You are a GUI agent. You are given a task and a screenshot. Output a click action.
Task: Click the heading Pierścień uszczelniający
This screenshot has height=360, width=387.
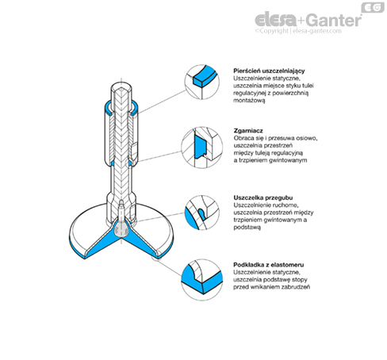(x=269, y=71)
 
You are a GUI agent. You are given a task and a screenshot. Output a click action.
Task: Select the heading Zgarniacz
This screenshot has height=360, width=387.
(x=248, y=131)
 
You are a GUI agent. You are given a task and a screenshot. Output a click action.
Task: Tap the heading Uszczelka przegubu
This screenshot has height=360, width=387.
(x=263, y=197)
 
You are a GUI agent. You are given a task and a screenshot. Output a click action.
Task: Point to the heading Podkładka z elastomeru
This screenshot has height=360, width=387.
(x=269, y=265)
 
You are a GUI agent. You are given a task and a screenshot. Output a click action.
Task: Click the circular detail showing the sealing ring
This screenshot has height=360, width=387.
(x=202, y=82)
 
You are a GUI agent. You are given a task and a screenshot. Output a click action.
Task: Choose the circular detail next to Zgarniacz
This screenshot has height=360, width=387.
(x=202, y=147)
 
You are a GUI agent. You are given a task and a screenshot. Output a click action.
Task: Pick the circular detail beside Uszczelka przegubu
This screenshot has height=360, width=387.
(x=202, y=213)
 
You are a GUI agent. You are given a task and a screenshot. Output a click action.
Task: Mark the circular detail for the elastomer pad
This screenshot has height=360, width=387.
(x=202, y=280)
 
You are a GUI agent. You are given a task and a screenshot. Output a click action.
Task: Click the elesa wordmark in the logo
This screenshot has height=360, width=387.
(x=276, y=20)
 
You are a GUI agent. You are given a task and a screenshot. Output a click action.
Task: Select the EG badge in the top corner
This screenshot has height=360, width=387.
(x=373, y=7)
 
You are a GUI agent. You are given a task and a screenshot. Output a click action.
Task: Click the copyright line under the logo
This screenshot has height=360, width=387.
(x=298, y=31)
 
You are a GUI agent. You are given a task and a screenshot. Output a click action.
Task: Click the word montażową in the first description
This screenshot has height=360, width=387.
(x=249, y=101)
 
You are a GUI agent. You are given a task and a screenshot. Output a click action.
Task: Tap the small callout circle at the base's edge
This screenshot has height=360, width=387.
(x=156, y=257)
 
